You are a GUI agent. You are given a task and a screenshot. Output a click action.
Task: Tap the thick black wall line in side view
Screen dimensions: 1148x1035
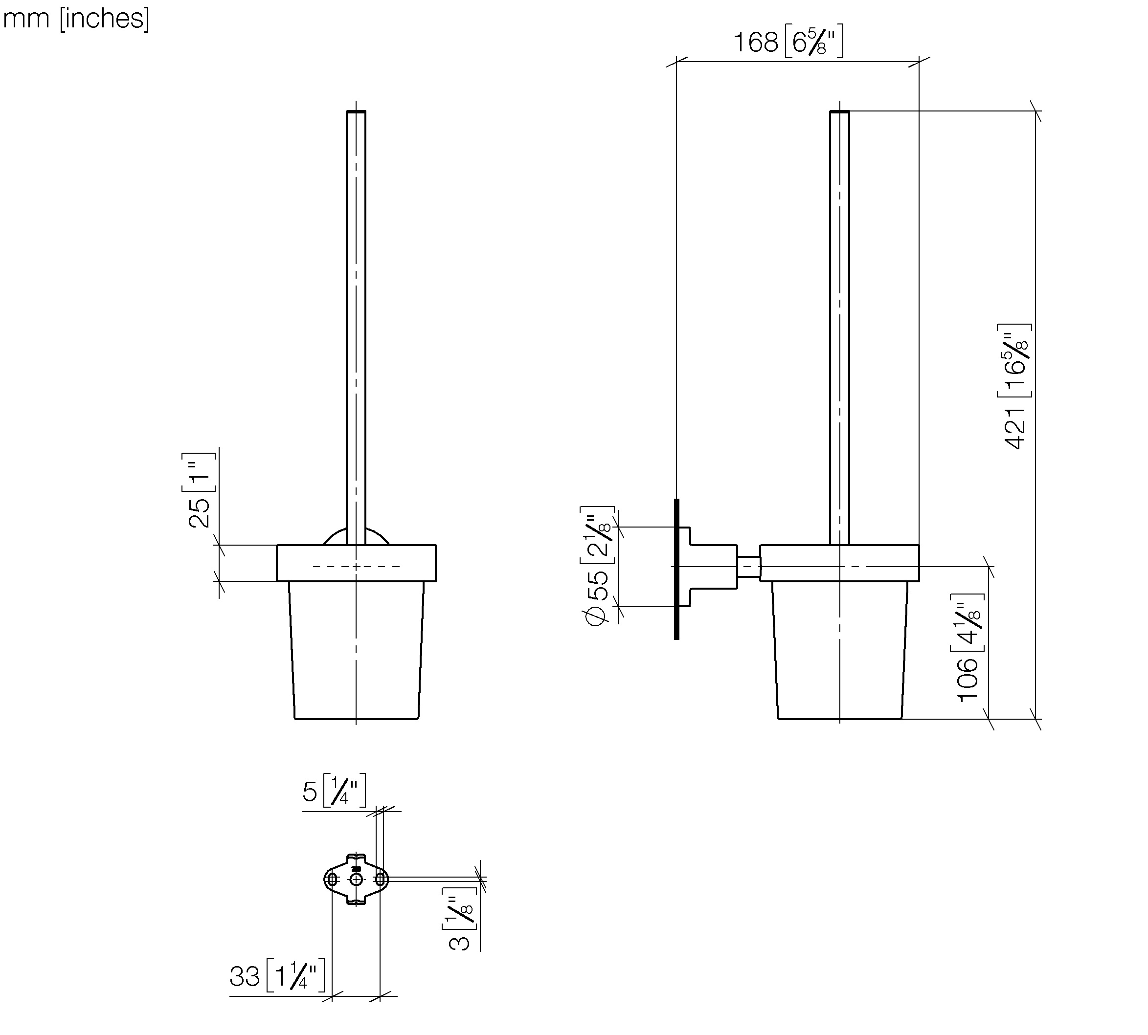(x=676, y=569)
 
